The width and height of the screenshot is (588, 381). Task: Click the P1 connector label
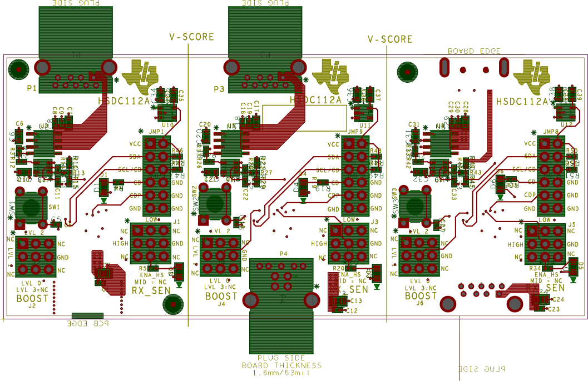31,88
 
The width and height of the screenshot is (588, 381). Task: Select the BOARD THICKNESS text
281,365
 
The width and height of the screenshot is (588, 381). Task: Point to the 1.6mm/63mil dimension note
281,373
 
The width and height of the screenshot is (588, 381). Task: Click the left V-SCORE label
191,37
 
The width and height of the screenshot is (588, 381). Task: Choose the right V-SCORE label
390,39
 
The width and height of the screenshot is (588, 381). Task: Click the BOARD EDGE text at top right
474,51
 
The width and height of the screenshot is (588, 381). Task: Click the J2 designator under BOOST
32,305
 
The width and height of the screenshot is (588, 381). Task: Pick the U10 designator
168,126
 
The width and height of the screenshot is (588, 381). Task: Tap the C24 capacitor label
560,299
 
